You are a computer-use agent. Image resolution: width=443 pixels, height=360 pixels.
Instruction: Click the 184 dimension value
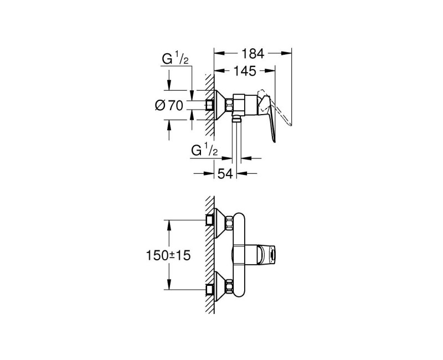click(x=253, y=54)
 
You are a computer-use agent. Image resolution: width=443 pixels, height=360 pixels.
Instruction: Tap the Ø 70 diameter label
click(x=169, y=105)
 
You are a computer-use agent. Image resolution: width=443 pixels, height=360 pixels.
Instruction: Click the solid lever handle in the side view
click(x=271, y=119)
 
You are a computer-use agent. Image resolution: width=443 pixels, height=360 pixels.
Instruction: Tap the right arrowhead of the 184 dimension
click(x=289, y=54)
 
